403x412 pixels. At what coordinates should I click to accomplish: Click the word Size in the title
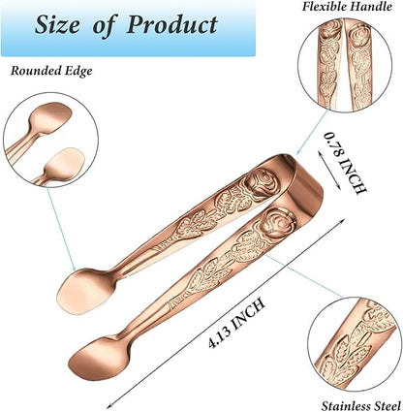pos(57,25)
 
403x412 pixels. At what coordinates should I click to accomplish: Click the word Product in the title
pos(172,25)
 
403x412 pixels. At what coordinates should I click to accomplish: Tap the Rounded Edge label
pos(51,71)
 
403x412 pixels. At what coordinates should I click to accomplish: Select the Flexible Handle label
pos(347,7)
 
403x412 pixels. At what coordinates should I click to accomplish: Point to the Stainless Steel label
pos(361,406)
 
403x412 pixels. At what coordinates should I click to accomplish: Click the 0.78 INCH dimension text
pos(345,163)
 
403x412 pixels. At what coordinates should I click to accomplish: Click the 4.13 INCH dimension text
pos(236,324)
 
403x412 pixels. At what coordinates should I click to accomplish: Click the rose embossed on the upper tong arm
pos(261,182)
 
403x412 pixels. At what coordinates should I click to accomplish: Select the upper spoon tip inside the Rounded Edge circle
pos(50,117)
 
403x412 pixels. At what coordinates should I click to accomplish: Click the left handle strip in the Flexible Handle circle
pos(331,65)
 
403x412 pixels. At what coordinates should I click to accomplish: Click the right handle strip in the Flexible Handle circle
pos(360,65)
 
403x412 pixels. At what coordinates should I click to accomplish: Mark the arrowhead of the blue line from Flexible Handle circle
pos(298,151)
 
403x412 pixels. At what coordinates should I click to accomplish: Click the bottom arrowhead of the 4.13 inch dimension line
pos(109,405)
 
